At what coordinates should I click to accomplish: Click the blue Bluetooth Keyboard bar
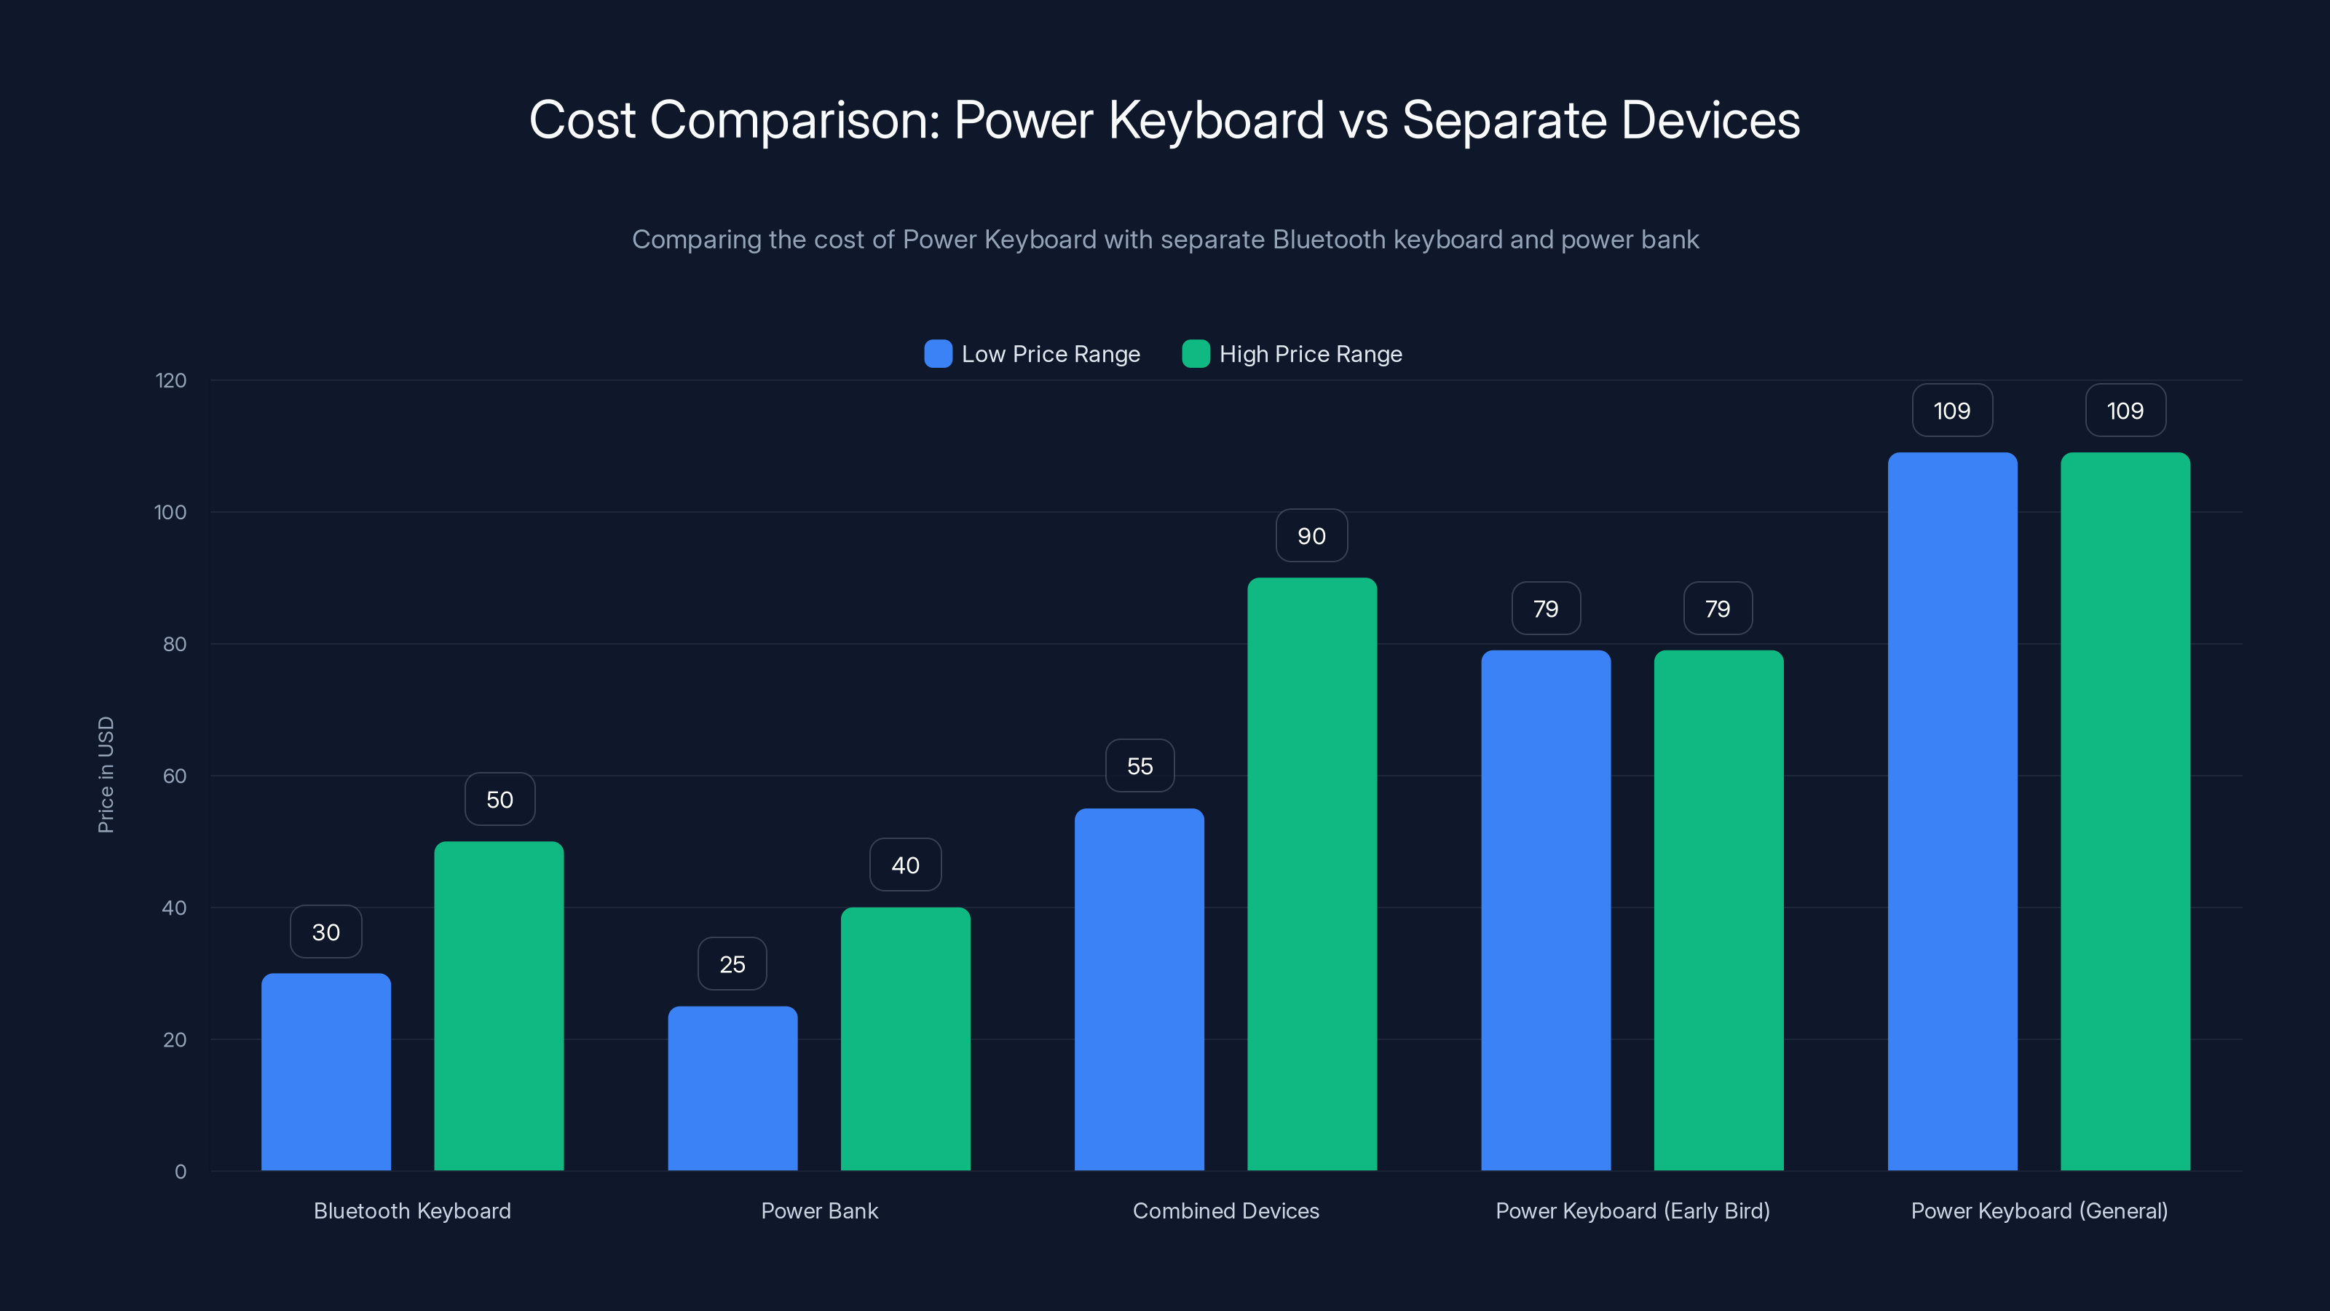(325, 1072)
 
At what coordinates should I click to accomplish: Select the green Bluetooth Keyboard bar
(498, 1006)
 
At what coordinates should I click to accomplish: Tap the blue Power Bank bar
(732, 1088)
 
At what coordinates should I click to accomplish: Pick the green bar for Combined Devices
(1311, 874)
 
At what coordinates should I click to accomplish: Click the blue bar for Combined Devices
(1139, 990)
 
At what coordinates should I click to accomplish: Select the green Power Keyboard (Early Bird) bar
(1718, 910)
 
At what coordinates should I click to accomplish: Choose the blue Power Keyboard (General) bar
(1952, 811)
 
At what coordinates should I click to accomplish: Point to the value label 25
(732, 964)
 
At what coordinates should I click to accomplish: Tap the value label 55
(1140, 766)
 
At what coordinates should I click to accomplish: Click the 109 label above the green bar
(2125, 411)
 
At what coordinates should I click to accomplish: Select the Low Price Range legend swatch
(938, 354)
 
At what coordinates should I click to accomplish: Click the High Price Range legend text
(1310, 354)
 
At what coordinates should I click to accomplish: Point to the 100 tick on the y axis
(170, 512)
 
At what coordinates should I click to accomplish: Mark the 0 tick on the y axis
(180, 1172)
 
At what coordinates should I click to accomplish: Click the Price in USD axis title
(106, 774)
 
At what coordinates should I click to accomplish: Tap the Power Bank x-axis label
(818, 1210)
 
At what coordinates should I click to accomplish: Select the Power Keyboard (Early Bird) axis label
(1632, 1210)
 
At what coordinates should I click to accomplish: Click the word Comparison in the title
(795, 119)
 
